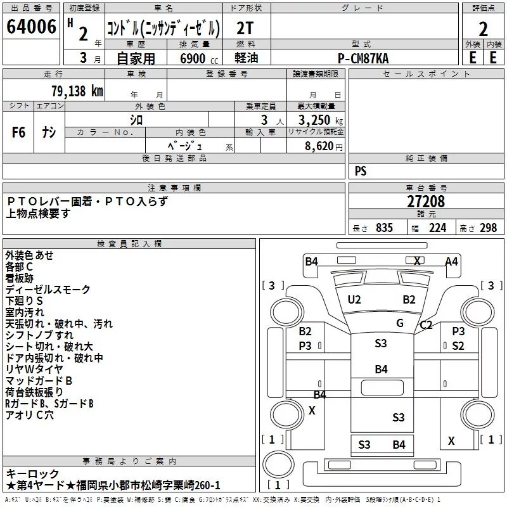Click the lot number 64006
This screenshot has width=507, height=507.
pos(31,27)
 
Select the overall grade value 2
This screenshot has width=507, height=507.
pos(483,29)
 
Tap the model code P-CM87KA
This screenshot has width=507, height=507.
pos(363,58)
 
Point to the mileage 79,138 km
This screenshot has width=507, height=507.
pos(77,91)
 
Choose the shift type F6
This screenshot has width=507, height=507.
pos(18,132)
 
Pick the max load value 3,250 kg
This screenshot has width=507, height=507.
pos(321,120)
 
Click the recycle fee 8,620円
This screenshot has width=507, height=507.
pos(324,146)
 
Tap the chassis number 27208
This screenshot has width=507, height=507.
pos(426,202)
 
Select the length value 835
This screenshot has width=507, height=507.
pos(384,228)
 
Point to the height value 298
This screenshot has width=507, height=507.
pos(488,228)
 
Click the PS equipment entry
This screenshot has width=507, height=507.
pos(361,171)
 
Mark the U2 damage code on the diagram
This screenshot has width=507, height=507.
pos(354,300)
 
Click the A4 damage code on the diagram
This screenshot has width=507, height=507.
pos(451,262)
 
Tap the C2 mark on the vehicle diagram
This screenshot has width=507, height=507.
pos(426,324)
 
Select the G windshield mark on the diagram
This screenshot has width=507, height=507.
pos(400,323)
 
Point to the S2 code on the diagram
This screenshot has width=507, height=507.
pos(458,346)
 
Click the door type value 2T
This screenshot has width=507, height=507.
pos(245,29)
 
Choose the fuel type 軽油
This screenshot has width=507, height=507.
pos(246,58)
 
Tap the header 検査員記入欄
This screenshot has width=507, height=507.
pos(129,244)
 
